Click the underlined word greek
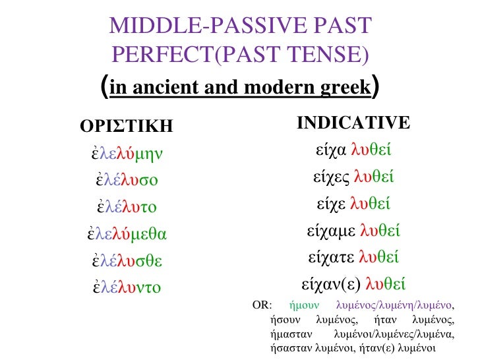[336, 87]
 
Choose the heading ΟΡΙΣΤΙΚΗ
[126, 125]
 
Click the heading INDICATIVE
[353, 123]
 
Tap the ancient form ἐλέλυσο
[127, 180]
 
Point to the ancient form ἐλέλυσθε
[127, 260]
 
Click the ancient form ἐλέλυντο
[127, 287]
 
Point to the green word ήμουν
[305, 305]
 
